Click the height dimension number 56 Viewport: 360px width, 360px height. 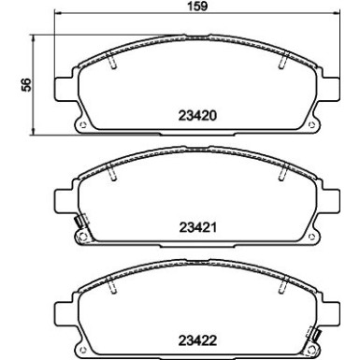click(x=28, y=84)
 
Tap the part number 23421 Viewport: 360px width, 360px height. click(x=197, y=227)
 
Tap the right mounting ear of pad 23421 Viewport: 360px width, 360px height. click(x=331, y=198)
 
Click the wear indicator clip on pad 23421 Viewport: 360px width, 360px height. click(x=79, y=224)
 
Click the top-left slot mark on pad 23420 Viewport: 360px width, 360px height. click(x=112, y=64)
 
